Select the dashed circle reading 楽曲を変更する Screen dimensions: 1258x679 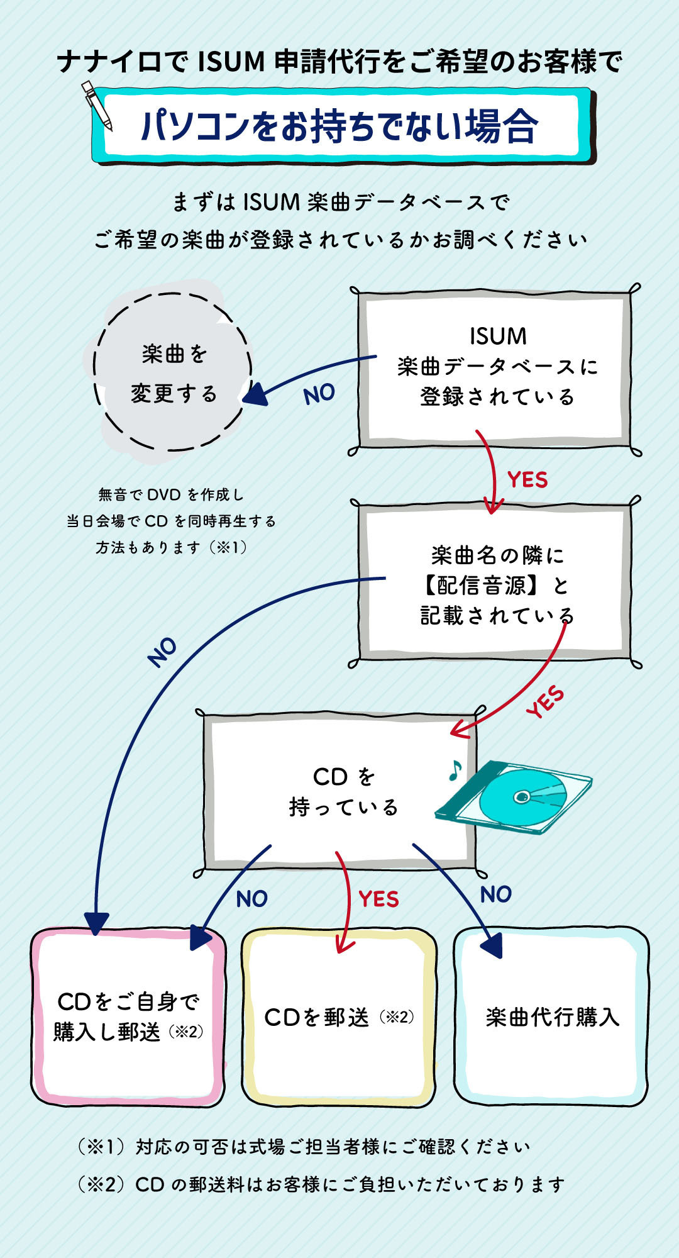pos(172,372)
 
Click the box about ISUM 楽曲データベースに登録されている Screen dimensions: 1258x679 pos(496,367)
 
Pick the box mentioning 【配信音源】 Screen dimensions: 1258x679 pos(496,585)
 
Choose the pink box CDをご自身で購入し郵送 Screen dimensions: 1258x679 pos(128,1016)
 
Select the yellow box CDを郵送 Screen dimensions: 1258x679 pos(339,1016)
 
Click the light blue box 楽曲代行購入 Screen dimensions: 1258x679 pos(551,1016)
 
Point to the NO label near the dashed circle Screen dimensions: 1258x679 pos(319,394)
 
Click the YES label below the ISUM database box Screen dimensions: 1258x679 pos(527,480)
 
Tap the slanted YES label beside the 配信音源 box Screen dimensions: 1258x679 pos(545,702)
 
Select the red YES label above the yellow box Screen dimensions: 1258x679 pos(378,899)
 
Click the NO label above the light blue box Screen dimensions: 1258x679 pos(495,894)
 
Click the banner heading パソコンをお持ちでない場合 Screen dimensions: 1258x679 pos(339,126)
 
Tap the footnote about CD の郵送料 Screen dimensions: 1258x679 pos(321,1184)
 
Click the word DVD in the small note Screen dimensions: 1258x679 pos(164,495)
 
